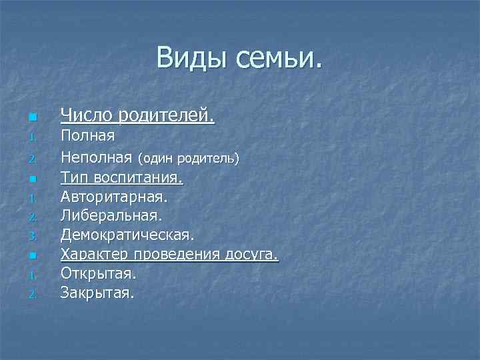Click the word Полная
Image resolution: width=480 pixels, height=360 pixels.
pos(88,136)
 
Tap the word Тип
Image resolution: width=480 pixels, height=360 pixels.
pos(74,178)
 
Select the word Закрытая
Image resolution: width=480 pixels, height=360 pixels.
pos(97,292)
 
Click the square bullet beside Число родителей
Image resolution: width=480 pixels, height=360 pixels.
pos(31,118)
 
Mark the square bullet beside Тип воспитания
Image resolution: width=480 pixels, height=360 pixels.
pos(31,179)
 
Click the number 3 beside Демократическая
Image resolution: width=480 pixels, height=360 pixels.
pos(31,236)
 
